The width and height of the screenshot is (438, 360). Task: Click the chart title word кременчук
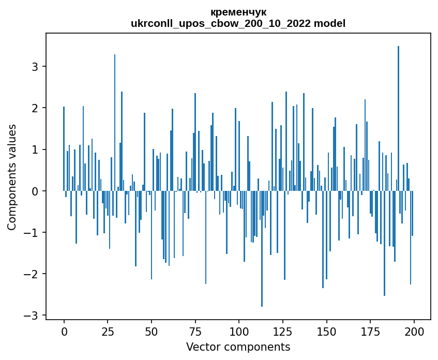238,12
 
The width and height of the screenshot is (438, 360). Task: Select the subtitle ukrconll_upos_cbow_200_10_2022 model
238,23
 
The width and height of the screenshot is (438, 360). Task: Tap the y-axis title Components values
12,177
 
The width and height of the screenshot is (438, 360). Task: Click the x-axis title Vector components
238,347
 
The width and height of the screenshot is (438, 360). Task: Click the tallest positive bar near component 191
398,119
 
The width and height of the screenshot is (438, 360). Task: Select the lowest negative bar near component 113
262,248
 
